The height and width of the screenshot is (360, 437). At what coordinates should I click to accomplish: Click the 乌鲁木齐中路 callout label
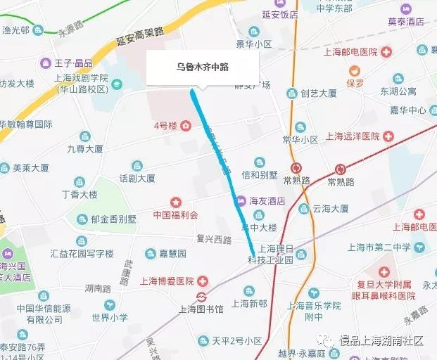point(203,67)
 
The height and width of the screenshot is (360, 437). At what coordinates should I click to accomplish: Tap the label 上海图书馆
point(200,309)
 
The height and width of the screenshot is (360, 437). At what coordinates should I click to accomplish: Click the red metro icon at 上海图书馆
point(202,296)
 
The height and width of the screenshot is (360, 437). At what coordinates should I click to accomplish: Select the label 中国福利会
point(175,214)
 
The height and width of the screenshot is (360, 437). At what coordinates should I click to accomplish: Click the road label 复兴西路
point(215,240)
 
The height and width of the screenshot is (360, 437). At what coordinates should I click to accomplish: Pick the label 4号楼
point(165,126)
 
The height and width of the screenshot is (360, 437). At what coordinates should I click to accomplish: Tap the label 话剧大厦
point(137,179)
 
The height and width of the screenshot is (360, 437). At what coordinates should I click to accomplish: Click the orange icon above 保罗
point(355,70)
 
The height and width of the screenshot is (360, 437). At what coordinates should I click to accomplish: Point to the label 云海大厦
point(331,209)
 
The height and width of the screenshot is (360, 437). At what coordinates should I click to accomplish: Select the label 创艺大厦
point(318,93)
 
